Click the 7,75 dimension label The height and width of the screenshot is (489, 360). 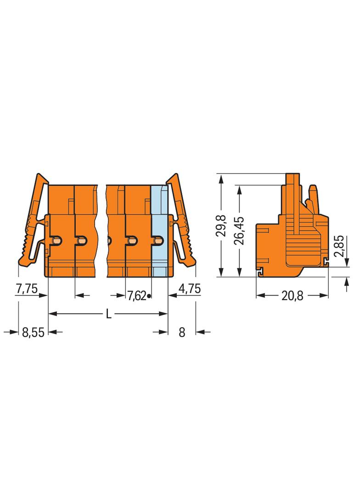pos(27,289)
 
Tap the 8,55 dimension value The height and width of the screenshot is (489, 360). pos(33,333)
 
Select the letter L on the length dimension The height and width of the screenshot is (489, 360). pos(108,314)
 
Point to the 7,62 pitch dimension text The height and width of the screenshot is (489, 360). pos(136,295)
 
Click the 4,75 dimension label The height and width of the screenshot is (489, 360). pos(189,289)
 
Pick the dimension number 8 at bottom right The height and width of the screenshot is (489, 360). pos(182,333)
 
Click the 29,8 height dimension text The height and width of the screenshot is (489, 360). pos(222,225)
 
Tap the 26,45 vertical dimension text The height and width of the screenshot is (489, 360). pos(240,230)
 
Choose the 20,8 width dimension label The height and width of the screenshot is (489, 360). pos(292,296)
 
